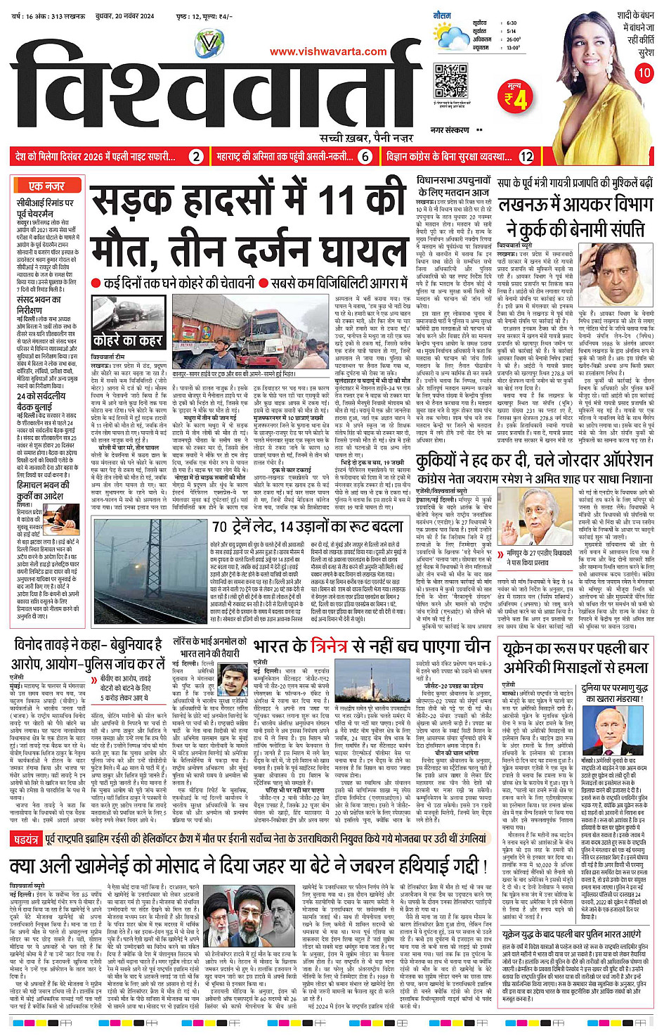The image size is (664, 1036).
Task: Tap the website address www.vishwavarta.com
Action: (328, 51)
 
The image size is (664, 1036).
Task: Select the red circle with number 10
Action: (644, 72)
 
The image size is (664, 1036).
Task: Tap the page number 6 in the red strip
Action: (365, 157)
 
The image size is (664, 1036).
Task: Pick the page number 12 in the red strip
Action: (526, 157)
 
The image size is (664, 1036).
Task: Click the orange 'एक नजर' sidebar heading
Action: (46, 186)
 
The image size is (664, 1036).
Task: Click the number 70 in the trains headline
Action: (221, 527)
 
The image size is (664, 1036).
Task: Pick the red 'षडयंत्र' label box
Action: (26, 838)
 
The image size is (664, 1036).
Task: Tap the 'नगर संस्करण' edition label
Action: (450, 130)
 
